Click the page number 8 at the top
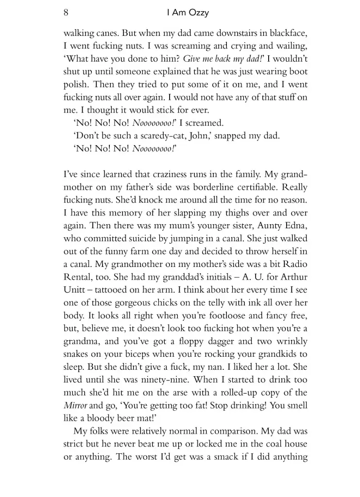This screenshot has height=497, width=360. (66, 13)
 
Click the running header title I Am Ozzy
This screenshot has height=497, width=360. (188, 13)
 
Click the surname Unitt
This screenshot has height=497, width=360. (74, 289)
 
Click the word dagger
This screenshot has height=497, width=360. (231, 340)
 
